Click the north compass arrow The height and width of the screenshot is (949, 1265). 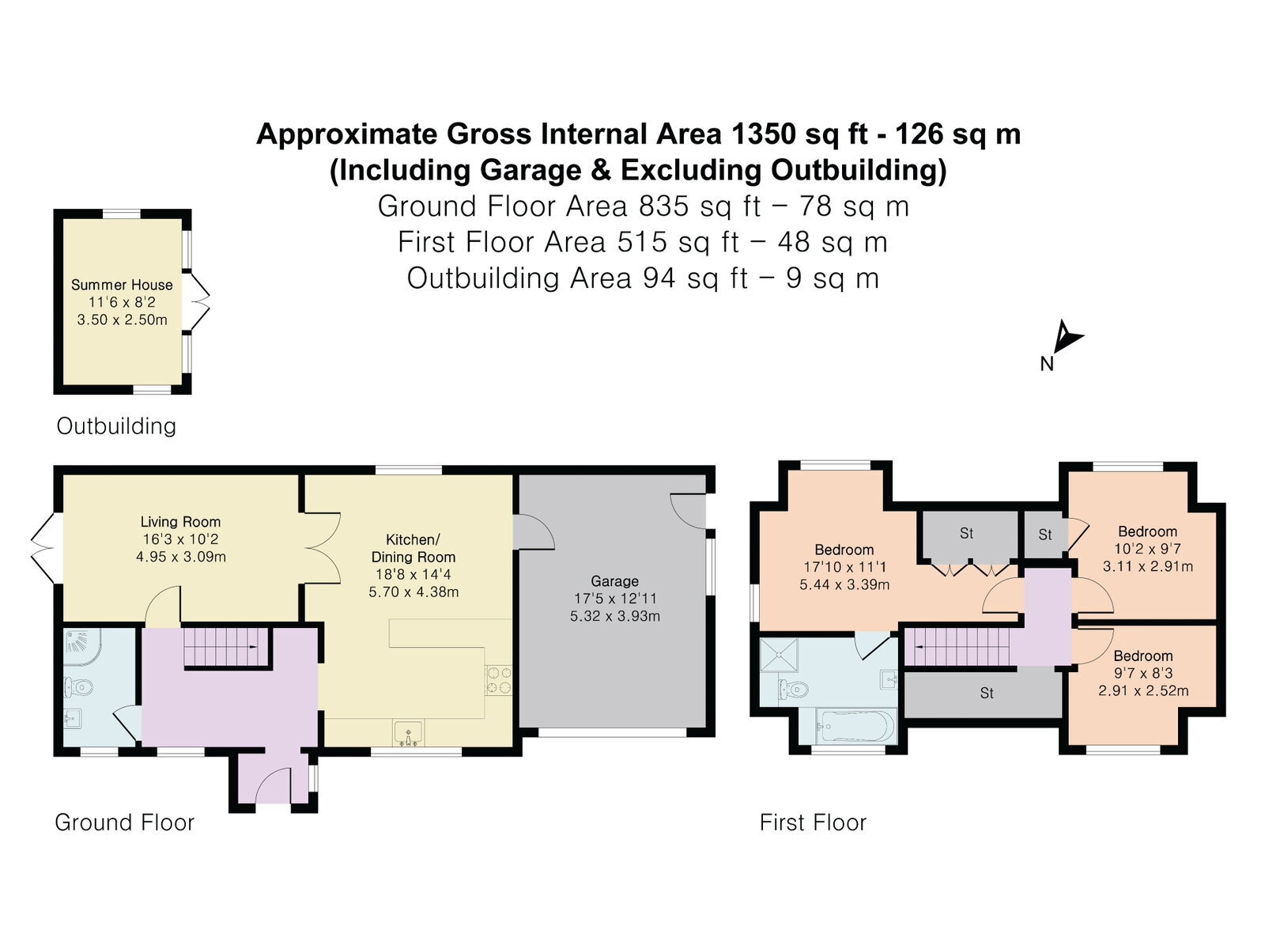point(1067,337)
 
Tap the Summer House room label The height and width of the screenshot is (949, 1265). point(122,285)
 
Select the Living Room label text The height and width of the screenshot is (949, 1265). point(180,522)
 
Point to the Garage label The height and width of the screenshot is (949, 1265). point(614,580)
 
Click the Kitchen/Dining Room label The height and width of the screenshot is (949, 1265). point(413,548)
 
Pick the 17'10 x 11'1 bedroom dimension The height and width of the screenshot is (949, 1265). point(844,567)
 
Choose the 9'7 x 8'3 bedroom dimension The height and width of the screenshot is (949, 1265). point(1143,673)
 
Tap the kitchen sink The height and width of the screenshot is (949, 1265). point(409,732)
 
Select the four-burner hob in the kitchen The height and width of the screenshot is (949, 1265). point(499,680)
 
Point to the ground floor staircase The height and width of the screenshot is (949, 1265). point(226,646)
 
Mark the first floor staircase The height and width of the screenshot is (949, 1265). point(957,646)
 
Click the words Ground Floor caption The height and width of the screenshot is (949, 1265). point(124,822)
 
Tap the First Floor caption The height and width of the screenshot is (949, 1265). point(813,822)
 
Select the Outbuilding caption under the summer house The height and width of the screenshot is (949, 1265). point(116,426)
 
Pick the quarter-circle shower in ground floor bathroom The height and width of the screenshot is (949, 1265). point(82,647)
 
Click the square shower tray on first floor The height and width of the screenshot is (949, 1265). point(780,655)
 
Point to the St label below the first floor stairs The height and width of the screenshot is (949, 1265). point(987,693)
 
